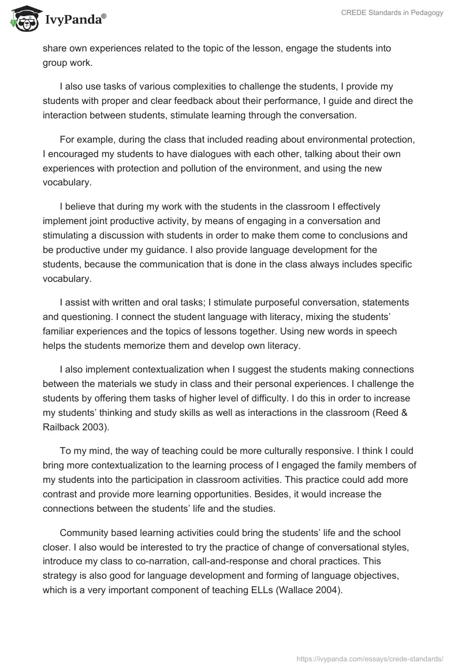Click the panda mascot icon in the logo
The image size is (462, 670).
23,19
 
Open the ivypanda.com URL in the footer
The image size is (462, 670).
370,658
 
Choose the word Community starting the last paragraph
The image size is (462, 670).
83,533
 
